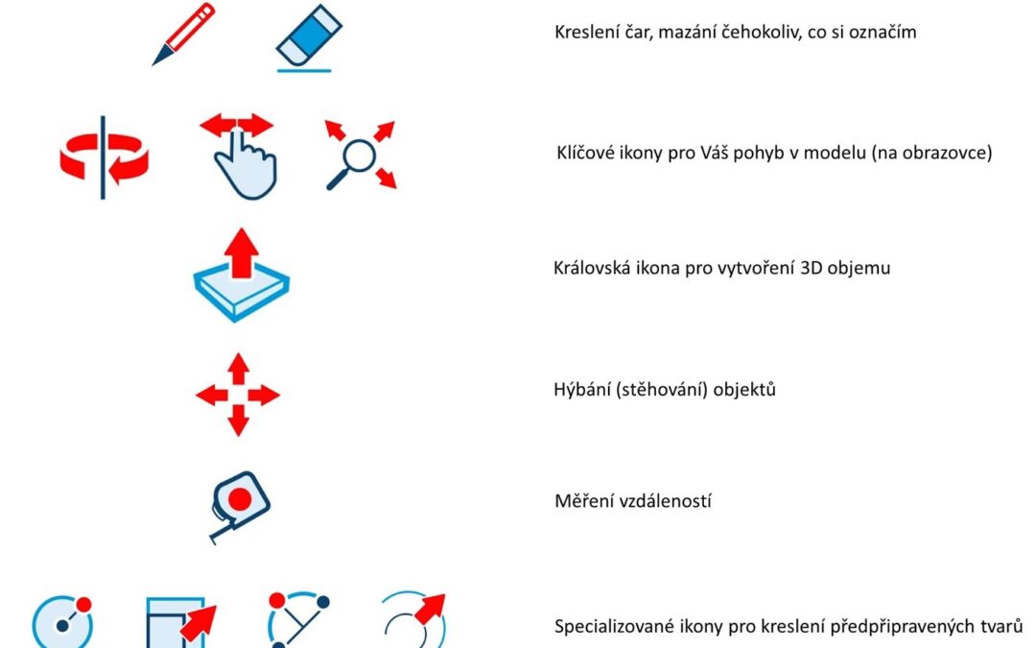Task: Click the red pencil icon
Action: coord(183,35)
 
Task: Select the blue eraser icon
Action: coord(308,37)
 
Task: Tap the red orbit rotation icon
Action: coord(104,157)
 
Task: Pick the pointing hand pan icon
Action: coord(239,156)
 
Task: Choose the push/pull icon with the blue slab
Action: coord(241,276)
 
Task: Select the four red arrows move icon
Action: coord(238,395)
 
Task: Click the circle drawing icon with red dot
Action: coord(62,621)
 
